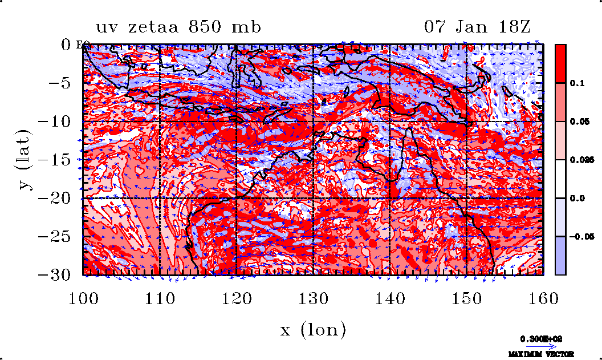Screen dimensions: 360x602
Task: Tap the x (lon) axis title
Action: click(x=314, y=329)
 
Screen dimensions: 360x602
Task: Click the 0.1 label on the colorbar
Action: click(x=575, y=83)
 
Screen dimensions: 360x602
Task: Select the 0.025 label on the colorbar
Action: click(x=579, y=160)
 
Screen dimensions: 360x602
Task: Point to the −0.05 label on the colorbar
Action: click(x=580, y=236)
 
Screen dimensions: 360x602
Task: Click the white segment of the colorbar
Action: click(x=560, y=179)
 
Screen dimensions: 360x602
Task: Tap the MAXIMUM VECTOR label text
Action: click(x=541, y=354)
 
